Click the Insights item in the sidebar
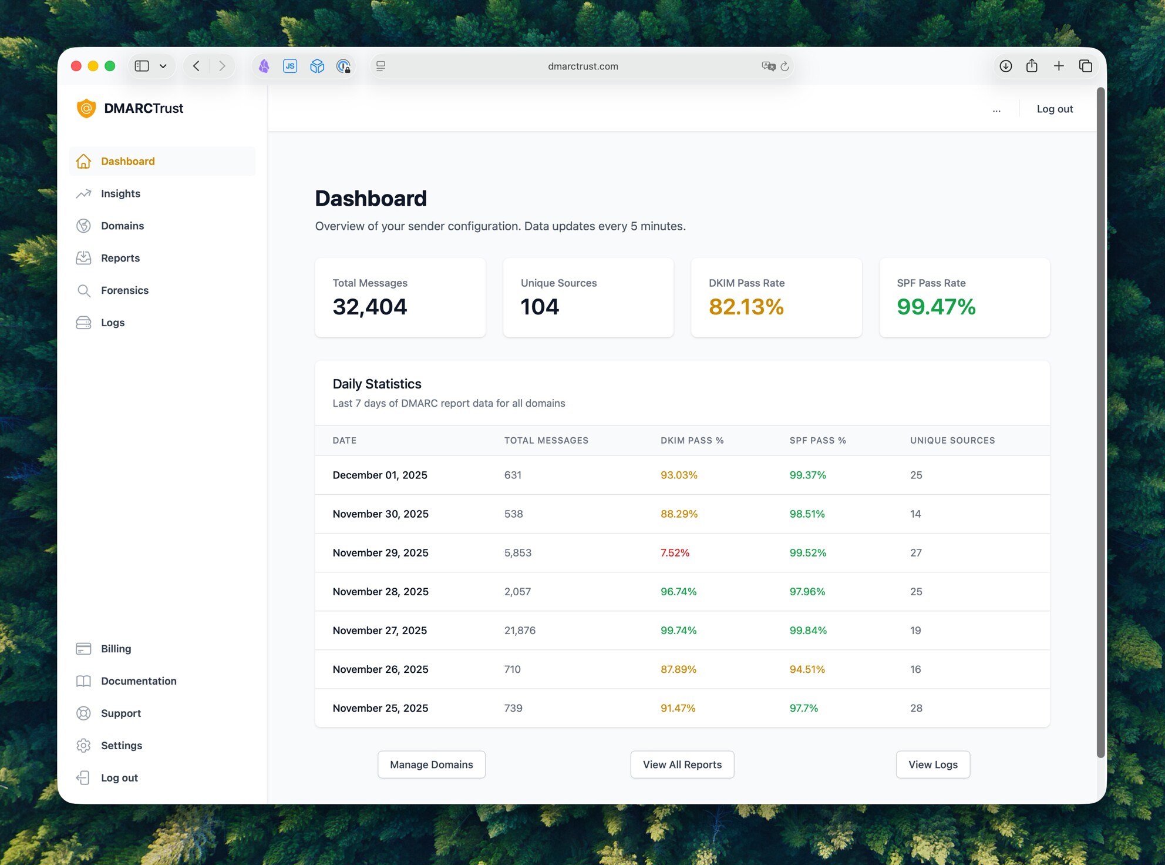(120, 193)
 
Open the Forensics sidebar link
(124, 290)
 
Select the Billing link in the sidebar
(116, 649)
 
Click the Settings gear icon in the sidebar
(83, 745)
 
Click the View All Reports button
(682, 765)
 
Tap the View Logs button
(932, 765)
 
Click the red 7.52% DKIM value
(675, 553)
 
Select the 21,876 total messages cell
(520, 631)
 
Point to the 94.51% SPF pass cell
(807, 669)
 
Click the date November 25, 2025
(380, 708)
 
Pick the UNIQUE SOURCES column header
(952, 441)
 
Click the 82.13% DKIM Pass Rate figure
(746, 307)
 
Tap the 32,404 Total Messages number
(369, 307)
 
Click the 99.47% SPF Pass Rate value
(935, 307)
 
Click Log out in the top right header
(1054, 109)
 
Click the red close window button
(76, 66)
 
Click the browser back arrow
(197, 66)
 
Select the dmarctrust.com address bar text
(582, 66)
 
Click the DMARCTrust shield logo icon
(86, 108)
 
